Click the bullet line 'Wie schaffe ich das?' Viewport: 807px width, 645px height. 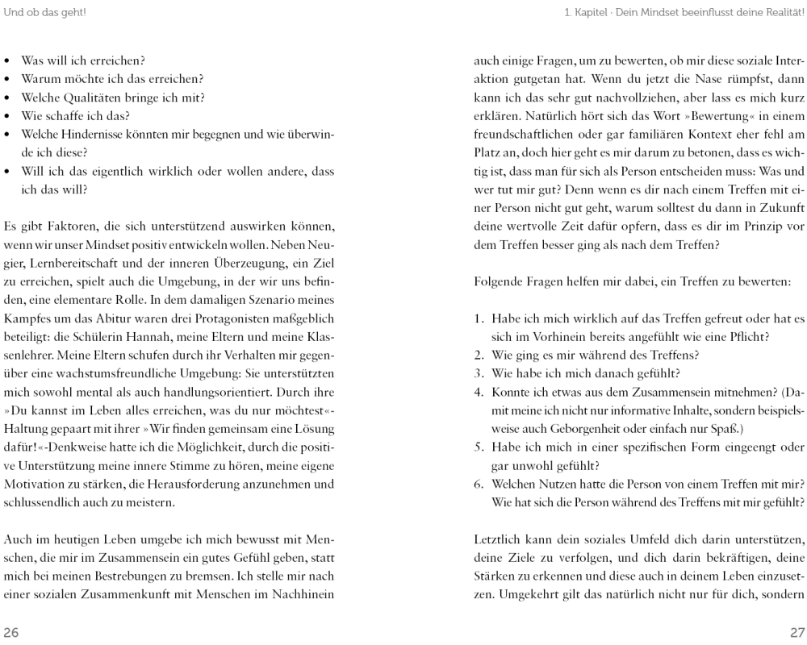66,116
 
